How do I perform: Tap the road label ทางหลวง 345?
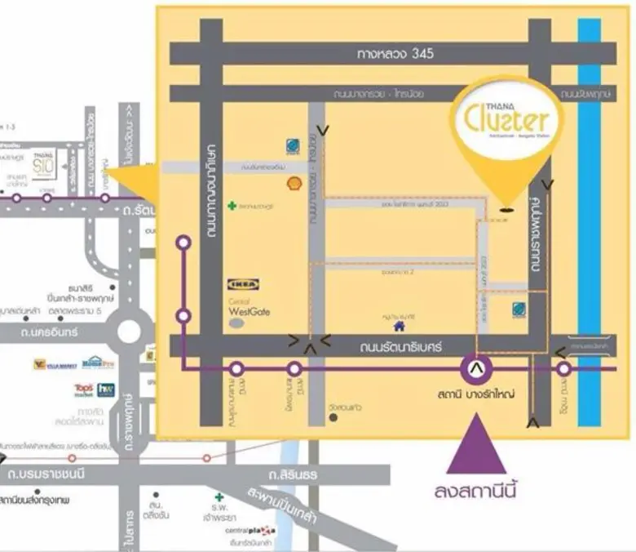(x=395, y=54)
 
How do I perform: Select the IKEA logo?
(x=243, y=285)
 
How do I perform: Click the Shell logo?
(x=294, y=184)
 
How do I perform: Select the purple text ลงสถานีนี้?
(x=477, y=492)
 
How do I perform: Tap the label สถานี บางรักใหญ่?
(x=475, y=396)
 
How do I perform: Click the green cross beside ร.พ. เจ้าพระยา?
(x=219, y=496)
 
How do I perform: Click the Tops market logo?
(x=84, y=390)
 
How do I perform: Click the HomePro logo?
(x=98, y=362)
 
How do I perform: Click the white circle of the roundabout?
(x=129, y=332)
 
